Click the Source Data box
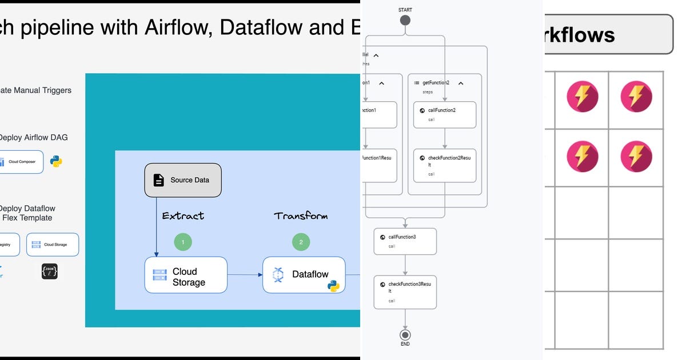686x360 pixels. pos(182,180)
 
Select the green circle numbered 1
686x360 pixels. pos(183,242)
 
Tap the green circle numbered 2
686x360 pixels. pos(301,242)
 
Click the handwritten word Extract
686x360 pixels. pos(183,216)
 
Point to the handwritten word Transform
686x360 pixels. pos(301,216)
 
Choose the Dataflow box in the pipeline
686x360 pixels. pos(304,275)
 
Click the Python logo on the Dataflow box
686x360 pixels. pos(333,286)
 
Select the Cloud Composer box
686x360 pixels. pos(21,162)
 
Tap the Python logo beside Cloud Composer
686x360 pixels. pos(56,161)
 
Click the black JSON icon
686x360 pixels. pos(50,271)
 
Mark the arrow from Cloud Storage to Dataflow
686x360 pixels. pos(245,275)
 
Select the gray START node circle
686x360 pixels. pos(405,21)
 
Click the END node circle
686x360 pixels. pos(405,335)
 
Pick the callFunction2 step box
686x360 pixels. pos(444,115)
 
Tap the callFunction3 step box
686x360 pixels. pos(405,241)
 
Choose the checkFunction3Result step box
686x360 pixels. pos(405,291)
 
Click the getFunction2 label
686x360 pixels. pos(436,83)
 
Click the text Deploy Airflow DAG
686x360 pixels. pos(33,138)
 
